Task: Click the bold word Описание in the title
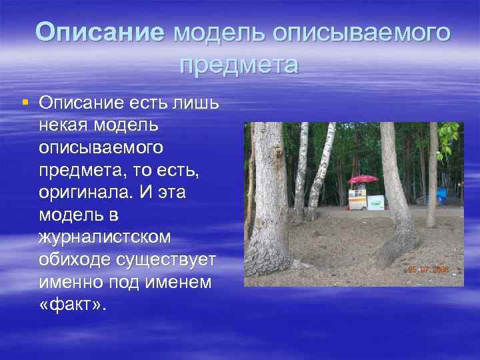(x=99, y=31)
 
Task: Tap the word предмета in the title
(x=239, y=65)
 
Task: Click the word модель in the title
(x=214, y=31)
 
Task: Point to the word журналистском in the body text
(x=105, y=237)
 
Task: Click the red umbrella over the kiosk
(x=364, y=179)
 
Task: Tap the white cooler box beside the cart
(x=376, y=202)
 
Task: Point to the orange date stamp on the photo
(x=429, y=270)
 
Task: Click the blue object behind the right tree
(x=441, y=195)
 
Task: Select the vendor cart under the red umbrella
(x=358, y=198)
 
